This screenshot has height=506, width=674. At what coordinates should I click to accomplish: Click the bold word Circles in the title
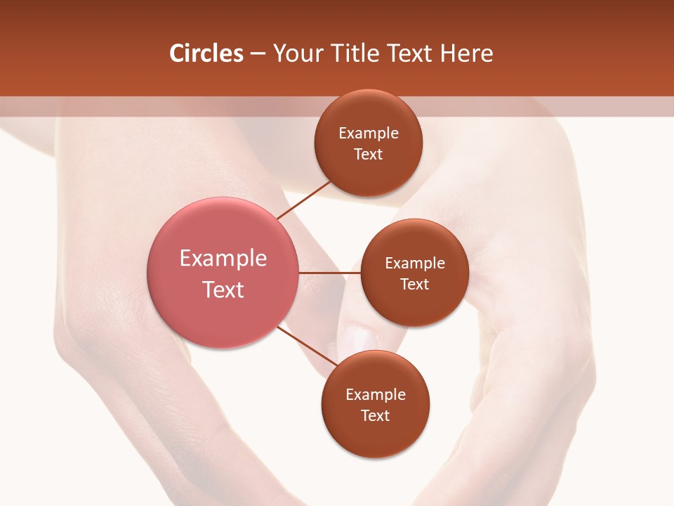pos(206,53)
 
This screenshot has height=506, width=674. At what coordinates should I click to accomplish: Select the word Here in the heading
pos(466,53)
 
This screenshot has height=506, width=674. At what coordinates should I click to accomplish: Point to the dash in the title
pos(258,54)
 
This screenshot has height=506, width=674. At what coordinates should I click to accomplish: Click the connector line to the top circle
pos(305,200)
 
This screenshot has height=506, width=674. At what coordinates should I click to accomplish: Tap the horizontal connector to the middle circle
pos(329,272)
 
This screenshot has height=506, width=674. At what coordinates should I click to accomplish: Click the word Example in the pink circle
pos(223,259)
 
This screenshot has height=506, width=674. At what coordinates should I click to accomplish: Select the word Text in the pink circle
pos(223,290)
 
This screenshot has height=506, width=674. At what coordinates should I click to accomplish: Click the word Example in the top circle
pos(369,134)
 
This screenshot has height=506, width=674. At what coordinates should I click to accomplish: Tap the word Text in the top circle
pos(369,155)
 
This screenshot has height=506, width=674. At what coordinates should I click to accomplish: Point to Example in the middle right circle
pos(415,264)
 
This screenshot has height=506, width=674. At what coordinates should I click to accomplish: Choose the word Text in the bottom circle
pos(376,415)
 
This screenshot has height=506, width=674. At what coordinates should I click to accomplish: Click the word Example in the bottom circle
pos(376,395)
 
